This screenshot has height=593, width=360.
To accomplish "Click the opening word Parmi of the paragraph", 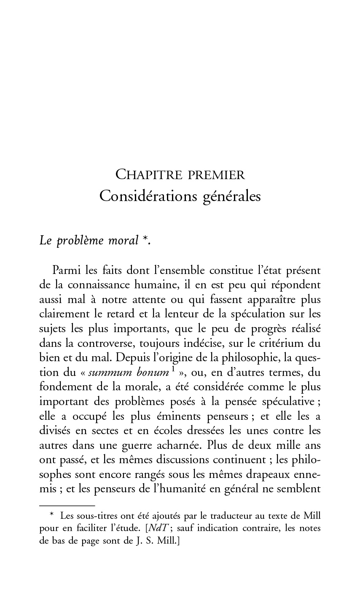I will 67,270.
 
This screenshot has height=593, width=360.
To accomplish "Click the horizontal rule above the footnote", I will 67,505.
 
